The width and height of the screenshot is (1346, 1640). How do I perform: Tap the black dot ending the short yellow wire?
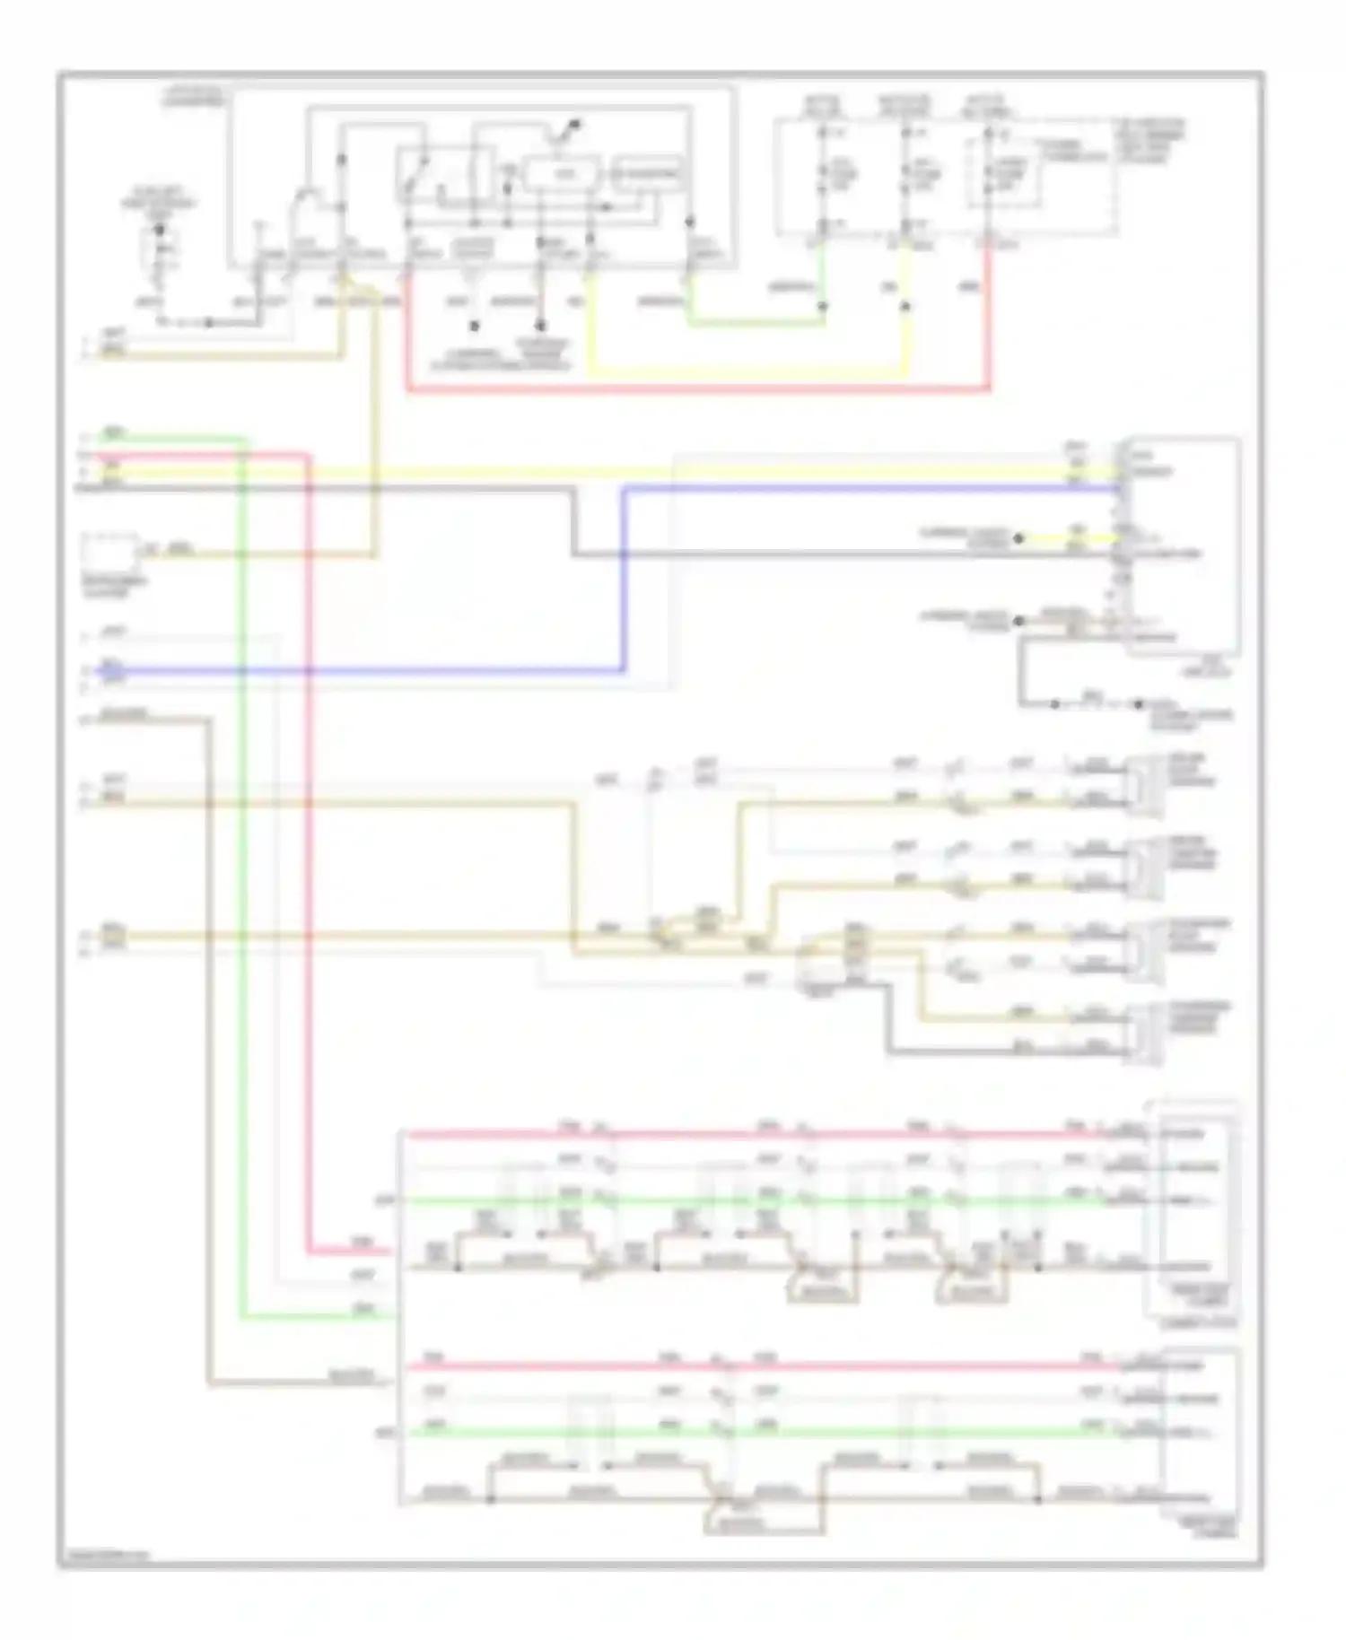point(1019,539)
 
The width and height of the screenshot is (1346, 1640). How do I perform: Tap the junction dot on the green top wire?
point(822,307)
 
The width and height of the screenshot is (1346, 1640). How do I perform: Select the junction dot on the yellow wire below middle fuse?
point(905,307)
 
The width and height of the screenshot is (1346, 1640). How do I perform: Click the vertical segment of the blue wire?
point(625,579)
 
